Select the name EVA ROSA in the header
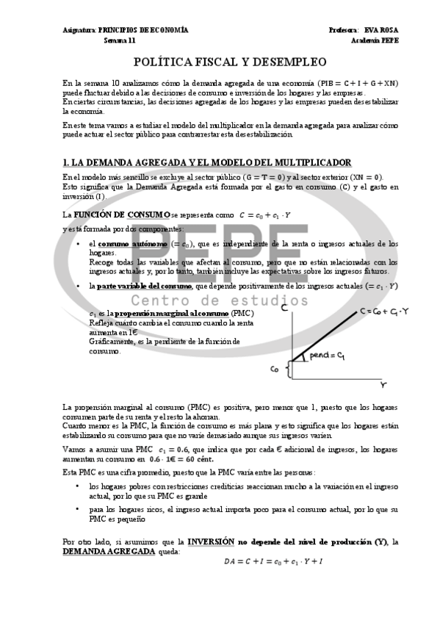point(383,30)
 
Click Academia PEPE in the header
point(375,40)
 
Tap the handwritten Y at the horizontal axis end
point(383,384)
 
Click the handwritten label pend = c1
point(328,356)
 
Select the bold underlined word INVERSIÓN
point(210,541)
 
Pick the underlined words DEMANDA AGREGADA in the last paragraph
point(109,550)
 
